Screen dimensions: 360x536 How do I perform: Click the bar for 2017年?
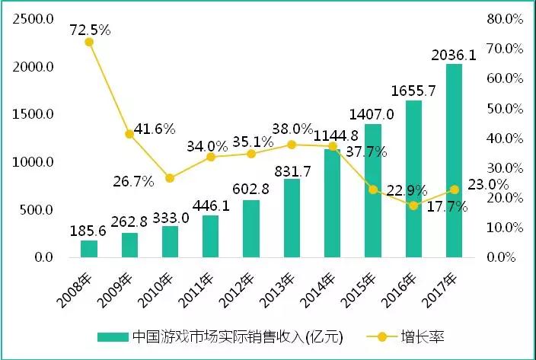(454, 161)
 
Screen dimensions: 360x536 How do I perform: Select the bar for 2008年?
(89, 249)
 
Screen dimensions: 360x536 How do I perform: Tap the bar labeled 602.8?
(251, 228)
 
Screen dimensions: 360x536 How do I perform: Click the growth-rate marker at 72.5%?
(89, 42)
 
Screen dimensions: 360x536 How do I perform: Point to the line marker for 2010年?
(170, 178)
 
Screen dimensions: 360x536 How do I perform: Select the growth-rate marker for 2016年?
(413, 205)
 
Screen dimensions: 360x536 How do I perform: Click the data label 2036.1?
(454, 55)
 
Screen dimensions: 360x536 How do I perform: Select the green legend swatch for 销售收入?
(112, 336)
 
